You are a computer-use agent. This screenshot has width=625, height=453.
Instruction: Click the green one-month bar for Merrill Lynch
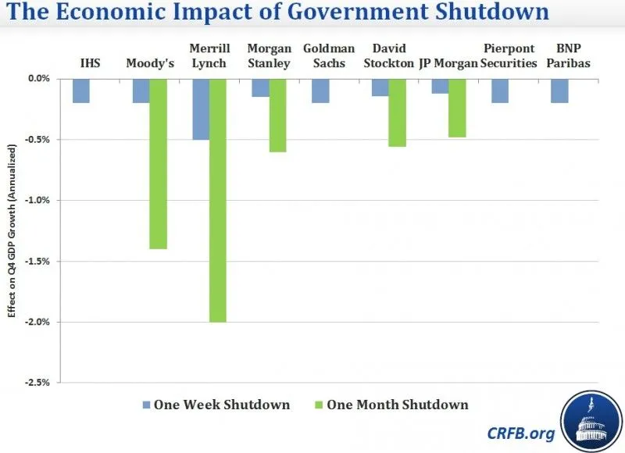click(x=218, y=200)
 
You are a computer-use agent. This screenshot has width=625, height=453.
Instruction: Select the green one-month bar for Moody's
click(x=158, y=163)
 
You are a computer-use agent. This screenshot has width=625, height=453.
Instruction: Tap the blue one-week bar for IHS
click(x=80, y=91)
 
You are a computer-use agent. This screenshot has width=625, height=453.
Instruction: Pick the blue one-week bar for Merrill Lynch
click(x=201, y=109)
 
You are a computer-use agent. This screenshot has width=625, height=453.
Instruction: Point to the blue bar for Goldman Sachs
click(x=320, y=91)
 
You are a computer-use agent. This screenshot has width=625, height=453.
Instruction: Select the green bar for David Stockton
click(x=397, y=112)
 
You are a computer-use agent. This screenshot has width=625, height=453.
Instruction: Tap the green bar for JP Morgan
click(x=457, y=108)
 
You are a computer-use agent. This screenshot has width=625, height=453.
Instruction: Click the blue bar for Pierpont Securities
click(x=500, y=91)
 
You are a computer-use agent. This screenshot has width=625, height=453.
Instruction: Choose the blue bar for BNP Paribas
click(x=560, y=91)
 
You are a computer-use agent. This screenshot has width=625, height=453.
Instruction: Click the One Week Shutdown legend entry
click(x=214, y=405)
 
